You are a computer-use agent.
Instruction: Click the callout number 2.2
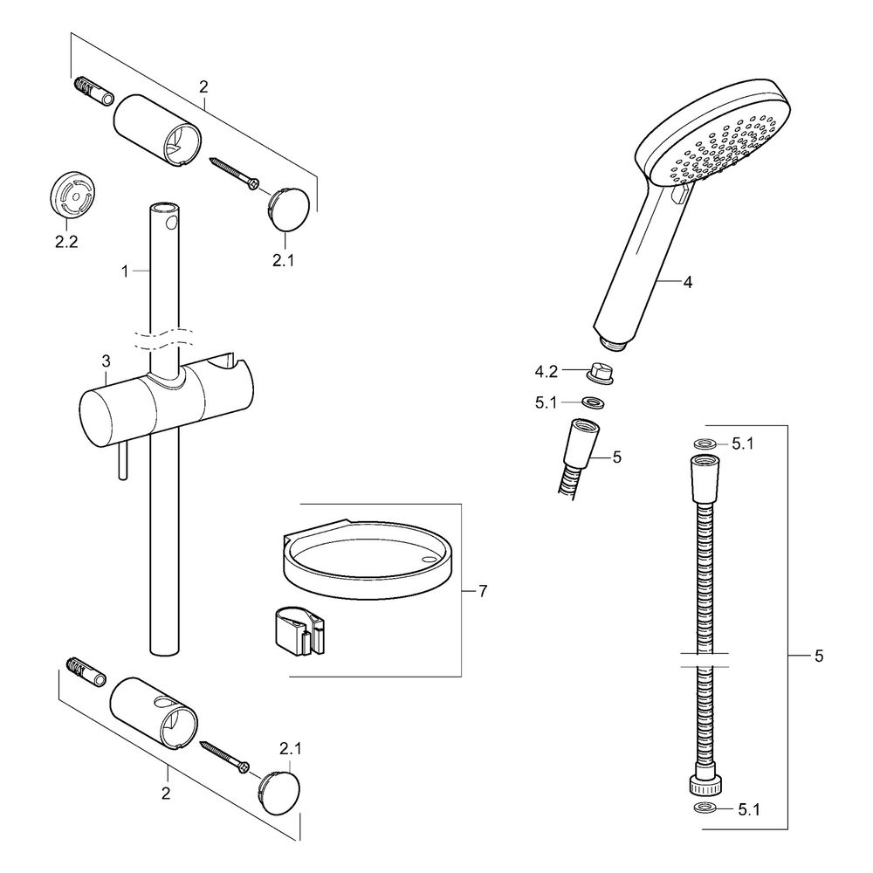click(x=66, y=242)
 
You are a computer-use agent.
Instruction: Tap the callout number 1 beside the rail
click(x=125, y=272)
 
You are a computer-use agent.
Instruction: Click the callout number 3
click(x=106, y=362)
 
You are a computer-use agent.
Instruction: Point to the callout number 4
click(x=688, y=282)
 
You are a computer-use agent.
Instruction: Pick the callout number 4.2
click(x=546, y=371)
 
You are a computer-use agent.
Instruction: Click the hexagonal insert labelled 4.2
click(x=601, y=373)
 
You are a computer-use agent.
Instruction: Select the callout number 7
click(x=483, y=591)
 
